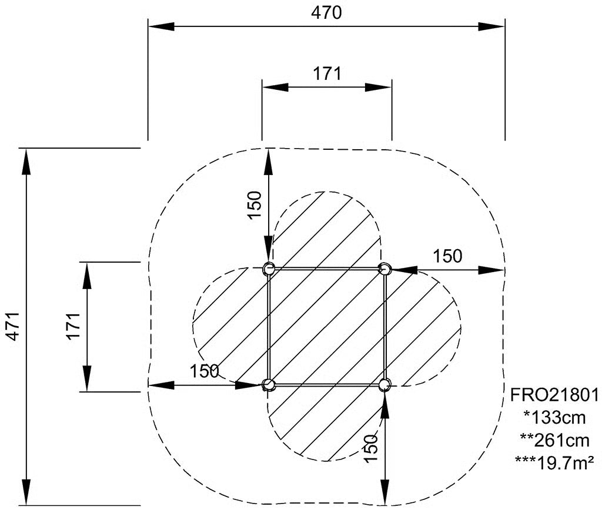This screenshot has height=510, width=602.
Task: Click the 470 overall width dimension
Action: [326, 13]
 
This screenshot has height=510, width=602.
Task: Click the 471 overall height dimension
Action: [14, 326]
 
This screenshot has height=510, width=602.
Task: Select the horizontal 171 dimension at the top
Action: [327, 73]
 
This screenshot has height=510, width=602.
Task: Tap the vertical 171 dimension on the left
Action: [73, 326]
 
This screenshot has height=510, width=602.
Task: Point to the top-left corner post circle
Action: [268, 269]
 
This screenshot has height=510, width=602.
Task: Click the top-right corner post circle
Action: [384, 269]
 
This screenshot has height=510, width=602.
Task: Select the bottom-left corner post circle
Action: [268, 384]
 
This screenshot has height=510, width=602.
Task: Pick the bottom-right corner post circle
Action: [384, 384]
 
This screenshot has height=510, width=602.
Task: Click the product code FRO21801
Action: [554, 395]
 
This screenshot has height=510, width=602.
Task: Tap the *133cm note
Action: [555, 417]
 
